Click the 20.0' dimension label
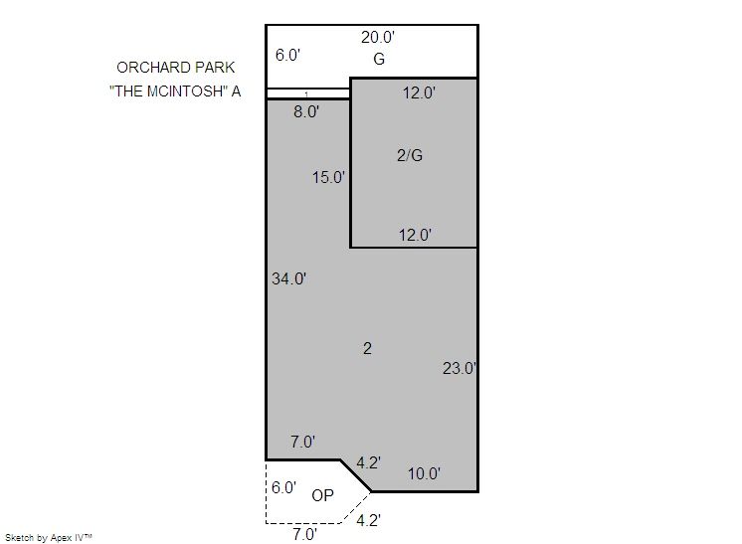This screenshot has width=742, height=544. [x=378, y=37]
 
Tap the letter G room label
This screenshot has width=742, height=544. [x=379, y=59]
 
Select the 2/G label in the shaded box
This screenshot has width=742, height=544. [x=410, y=155]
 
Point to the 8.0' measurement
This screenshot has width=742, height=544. [x=306, y=111]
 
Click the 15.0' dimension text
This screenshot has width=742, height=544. [x=328, y=177]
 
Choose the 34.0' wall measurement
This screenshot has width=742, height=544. [x=288, y=278]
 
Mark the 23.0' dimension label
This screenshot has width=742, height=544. [x=459, y=368]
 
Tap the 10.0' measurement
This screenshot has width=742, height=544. [x=424, y=473]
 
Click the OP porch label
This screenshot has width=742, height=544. [x=322, y=495]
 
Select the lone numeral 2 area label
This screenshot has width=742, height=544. [x=367, y=349]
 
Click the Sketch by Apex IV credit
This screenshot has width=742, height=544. [x=49, y=538]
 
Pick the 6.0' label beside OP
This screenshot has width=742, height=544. [x=283, y=487]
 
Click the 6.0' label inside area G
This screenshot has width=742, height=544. [x=287, y=55]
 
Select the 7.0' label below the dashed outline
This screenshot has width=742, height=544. [x=304, y=534]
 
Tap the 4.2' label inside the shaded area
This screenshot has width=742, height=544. [x=368, y=462]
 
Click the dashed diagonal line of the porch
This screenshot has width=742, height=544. [x=355, y=507]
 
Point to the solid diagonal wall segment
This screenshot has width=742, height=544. [x=356, y=476]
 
